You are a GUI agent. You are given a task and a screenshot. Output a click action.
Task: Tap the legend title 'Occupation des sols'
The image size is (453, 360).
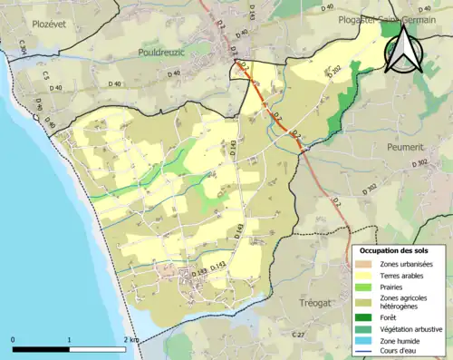coord(399,249)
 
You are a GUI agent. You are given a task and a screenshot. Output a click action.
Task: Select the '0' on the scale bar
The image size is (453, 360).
coord(14,340)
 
